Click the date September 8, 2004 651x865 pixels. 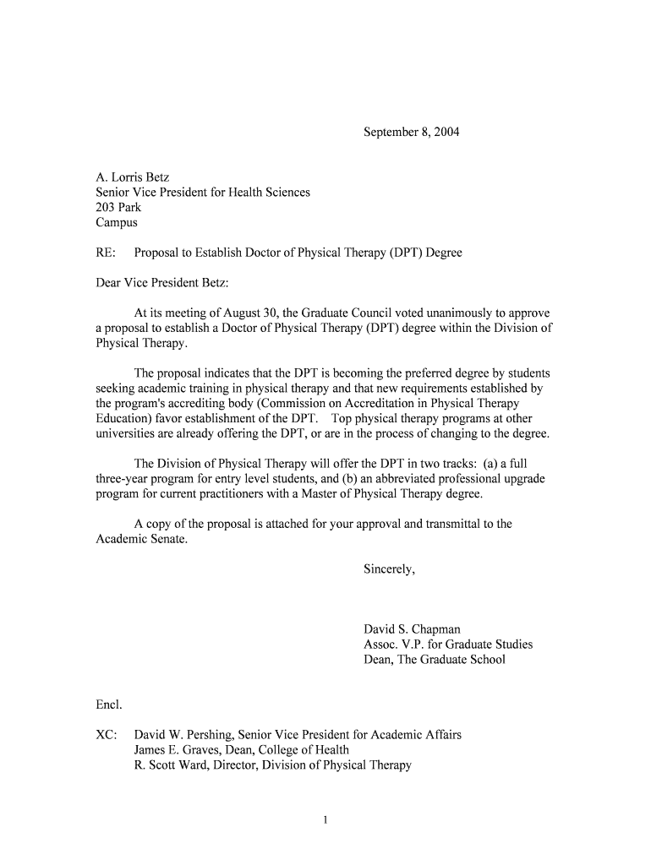pos(411,133)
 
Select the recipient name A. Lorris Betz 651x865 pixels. pos(132,177)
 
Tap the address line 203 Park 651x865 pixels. pos(118,208)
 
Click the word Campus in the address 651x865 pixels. pos(116,223)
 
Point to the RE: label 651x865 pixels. pos(105,253)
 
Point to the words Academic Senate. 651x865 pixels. pos(140,539)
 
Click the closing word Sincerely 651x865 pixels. pos(389,569)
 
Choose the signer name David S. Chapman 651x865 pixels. pos(412,629)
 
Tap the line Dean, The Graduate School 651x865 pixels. pos(434,660)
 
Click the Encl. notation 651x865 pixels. pos(108,705)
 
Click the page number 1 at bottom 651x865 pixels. pos(325,820)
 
